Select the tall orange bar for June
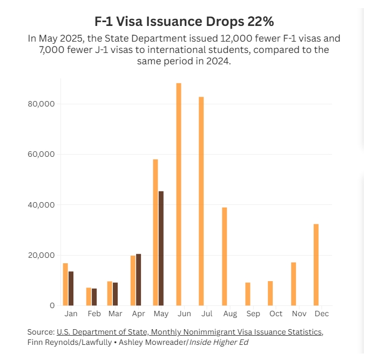pyautogui.click(x=179, y=195)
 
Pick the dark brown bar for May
pyautogui.click(x=161, y=248)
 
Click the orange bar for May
pyautogui.click(x=156, y=232)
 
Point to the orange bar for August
pyautogui.click(x=225, y=256)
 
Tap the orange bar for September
pyautogui.click(x=247, y=294)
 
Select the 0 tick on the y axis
pyautogui.click(x=52, y=306)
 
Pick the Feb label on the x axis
pyautogui.click(x=94, y=314)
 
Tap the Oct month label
pyautogui.click(x=276, y=314)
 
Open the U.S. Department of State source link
pyautogui.click(x=190, y=331)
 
